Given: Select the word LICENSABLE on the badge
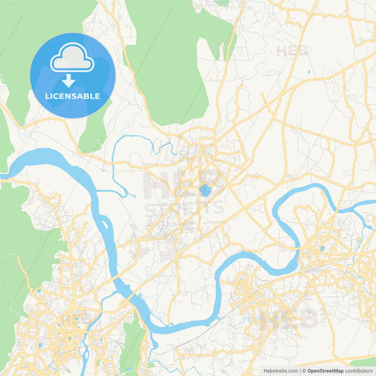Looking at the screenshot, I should (72, 95).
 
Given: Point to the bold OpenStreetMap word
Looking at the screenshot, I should (325, 370).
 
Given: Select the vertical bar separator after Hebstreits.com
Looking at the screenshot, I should (299, 370).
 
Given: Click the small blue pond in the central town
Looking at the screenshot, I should (205, 190).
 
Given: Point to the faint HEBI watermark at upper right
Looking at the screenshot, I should (293, 51).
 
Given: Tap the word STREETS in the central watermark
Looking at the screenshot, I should (185, 207).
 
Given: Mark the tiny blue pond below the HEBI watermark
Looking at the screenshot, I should (309, 72).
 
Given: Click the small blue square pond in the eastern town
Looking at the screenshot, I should (322, 248).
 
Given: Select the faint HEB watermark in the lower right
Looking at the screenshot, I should (289, 317).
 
